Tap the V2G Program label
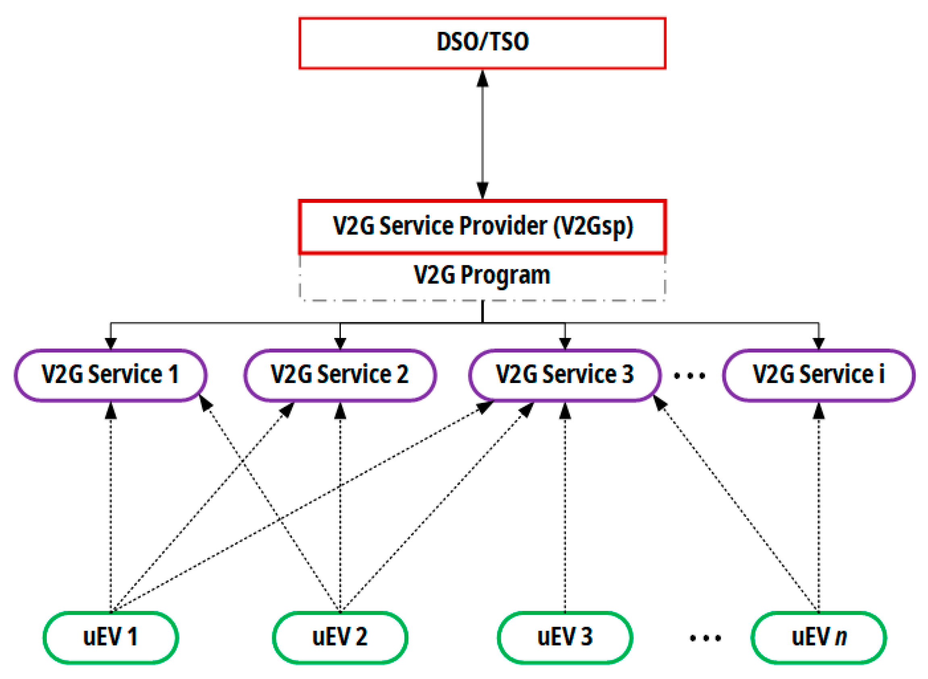(482, 275)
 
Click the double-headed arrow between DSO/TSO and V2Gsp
(482, 135)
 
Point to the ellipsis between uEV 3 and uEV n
(705, 638)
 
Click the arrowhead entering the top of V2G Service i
(819, 343)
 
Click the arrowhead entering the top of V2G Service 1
(111, 343)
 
